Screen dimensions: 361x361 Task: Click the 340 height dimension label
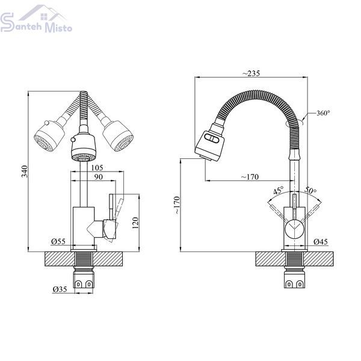coord(25,171)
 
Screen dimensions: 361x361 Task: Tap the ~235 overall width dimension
coord(251,73)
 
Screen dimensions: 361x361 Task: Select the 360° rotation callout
coord(323,113)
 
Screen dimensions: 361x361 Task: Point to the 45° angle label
coord(279,191)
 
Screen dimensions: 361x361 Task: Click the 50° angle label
coord(310,190)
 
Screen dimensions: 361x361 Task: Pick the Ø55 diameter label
coord(58,241)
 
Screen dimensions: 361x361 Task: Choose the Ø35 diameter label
coord(60,289)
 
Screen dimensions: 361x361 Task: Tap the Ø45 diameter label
coord(321,241)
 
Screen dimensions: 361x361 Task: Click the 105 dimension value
coord(97,168)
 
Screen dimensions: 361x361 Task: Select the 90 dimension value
coord(98,177)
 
